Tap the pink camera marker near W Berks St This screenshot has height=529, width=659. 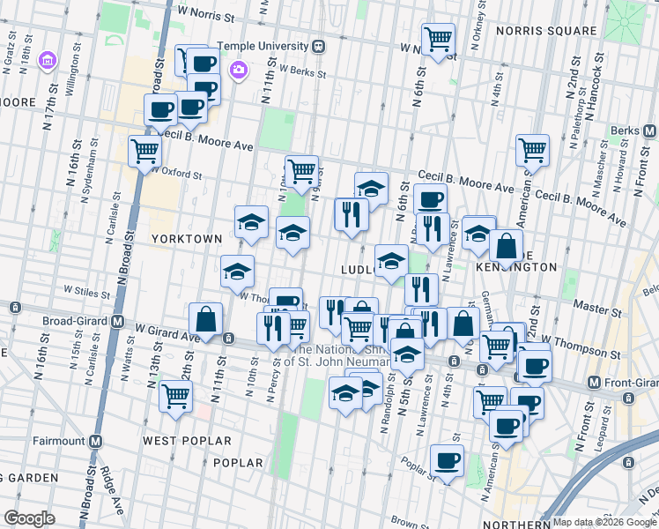(237, 70)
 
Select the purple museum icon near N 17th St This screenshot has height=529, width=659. (47, 62)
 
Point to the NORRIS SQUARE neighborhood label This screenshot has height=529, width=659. (546, 30)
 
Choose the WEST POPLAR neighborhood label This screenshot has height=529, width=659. (180, 438)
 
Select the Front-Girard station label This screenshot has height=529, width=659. (625, 383)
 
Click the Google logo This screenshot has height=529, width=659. (30, 518)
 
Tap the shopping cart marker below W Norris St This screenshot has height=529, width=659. (438, 40)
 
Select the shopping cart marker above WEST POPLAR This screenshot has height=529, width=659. (175, 396)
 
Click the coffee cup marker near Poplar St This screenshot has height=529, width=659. (448, 460)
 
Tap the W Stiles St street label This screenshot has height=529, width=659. (85, 288)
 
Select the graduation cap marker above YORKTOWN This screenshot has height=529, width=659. (251, 222)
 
